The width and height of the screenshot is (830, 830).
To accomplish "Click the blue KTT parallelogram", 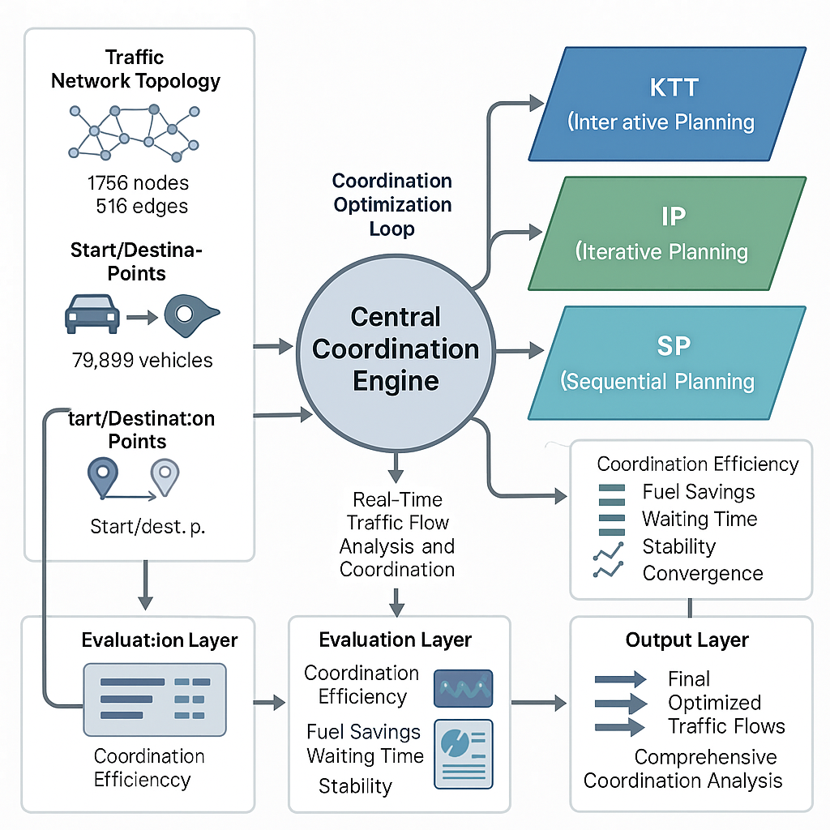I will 667,103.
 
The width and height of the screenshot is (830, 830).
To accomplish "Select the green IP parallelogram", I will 667,233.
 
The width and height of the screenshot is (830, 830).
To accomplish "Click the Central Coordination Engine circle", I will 396,349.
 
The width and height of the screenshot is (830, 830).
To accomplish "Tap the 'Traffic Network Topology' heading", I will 135,70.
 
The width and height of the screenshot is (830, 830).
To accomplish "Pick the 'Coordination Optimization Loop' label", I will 392,204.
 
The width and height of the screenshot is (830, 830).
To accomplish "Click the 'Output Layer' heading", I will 687,640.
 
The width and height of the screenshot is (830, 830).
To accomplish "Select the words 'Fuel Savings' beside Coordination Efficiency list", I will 698,492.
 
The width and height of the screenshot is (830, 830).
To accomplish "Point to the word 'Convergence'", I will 703,574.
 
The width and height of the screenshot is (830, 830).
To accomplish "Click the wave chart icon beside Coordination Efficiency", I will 464,688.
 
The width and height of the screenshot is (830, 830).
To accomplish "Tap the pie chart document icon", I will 464,754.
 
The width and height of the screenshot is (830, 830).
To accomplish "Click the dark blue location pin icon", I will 103,477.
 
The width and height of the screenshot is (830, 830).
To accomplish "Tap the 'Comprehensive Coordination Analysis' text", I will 683,769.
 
